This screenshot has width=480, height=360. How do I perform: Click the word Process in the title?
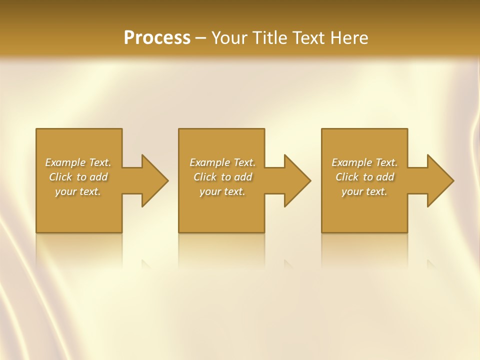(157, 38)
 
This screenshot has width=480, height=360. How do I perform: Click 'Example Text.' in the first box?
(78, 162)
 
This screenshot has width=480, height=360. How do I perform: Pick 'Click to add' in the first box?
(78, 177)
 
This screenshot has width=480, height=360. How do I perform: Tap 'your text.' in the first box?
(78, 191)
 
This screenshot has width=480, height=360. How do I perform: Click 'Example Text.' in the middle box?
(222, 162)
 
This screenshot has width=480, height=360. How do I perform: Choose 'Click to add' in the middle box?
(222, 177)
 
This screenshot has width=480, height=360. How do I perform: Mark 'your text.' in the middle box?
(222, 191)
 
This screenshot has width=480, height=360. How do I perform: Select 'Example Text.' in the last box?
(364, 162)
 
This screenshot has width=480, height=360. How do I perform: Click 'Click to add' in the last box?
(364, 177)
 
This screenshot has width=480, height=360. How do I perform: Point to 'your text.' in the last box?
(364, 191)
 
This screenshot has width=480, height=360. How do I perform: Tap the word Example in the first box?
(65, 162)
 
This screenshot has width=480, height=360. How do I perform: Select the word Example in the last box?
(352, 162)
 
